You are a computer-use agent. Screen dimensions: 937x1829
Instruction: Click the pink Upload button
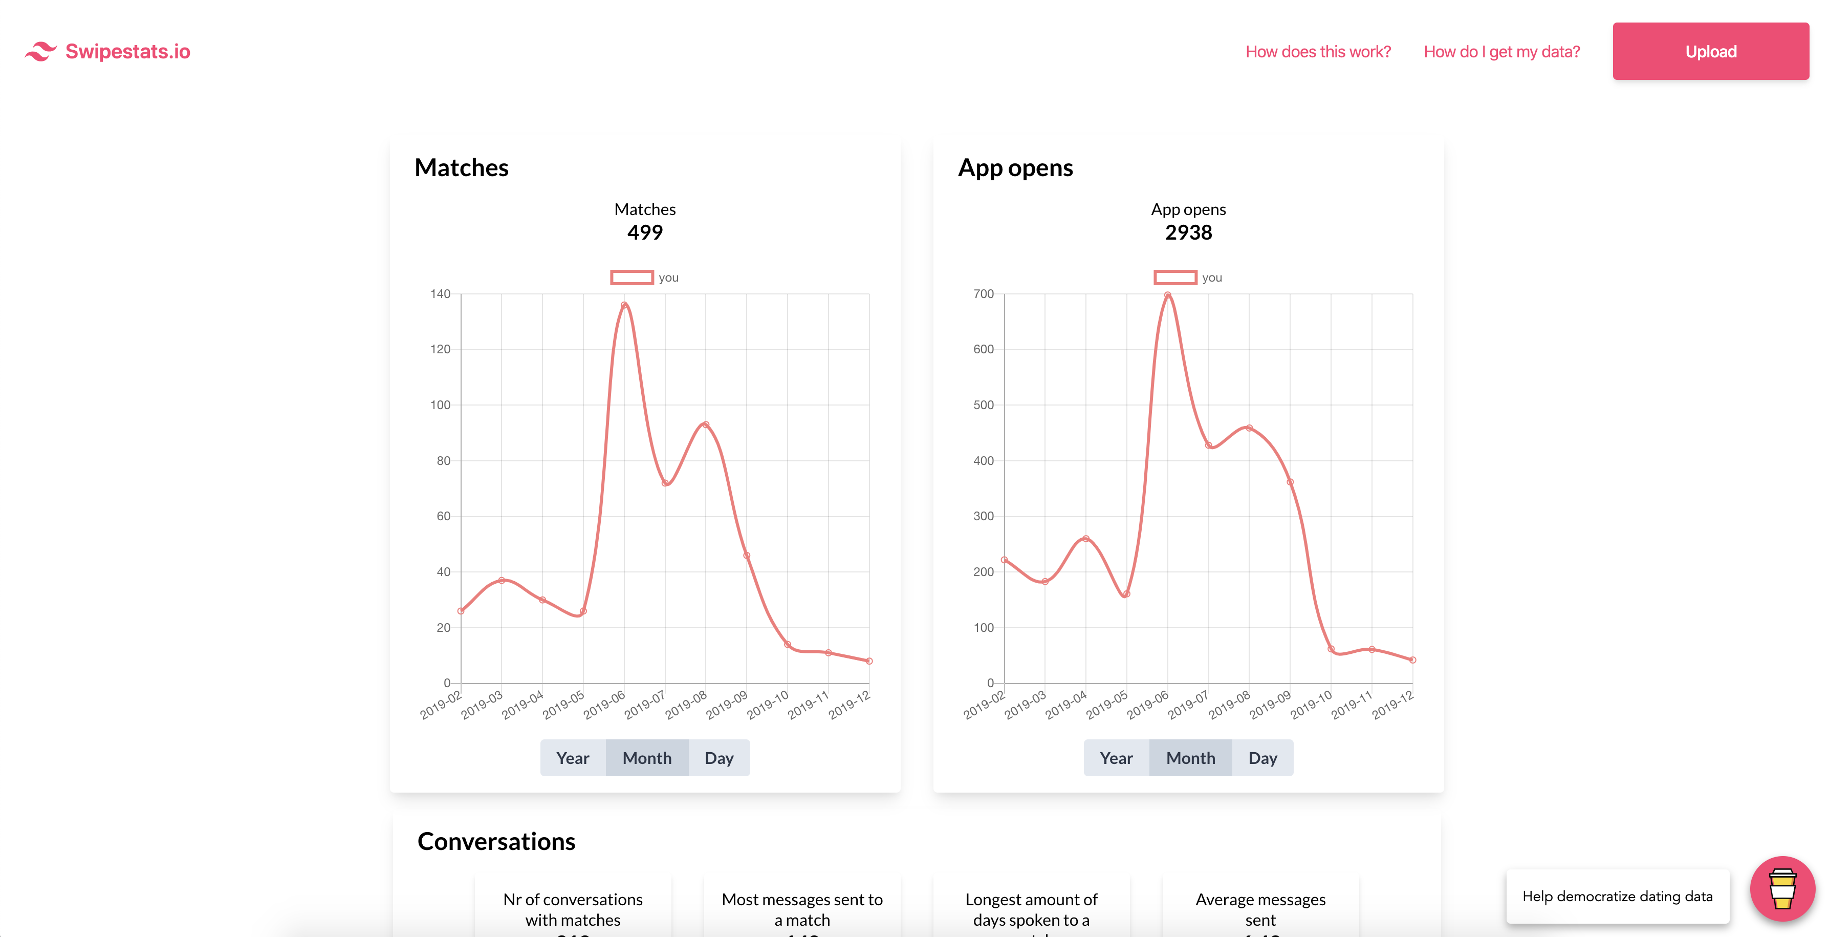point(1710,51)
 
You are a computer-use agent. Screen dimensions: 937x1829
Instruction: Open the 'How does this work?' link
point(1318,52)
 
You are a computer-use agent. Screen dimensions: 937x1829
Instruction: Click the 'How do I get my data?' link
point(1501,52)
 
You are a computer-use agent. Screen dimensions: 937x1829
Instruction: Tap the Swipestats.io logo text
point(128,52)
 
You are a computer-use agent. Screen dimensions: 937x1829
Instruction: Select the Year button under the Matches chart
point(572,758)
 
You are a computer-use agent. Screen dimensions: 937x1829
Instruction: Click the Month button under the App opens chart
point(1190,758)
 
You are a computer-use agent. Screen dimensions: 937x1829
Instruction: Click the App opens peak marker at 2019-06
point(1167,295)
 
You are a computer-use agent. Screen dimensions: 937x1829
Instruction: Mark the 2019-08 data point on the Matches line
point(706,425)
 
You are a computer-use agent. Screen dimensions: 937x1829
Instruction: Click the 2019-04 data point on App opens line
point(1085,539)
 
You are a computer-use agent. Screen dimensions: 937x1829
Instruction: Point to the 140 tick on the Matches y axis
point(440,294)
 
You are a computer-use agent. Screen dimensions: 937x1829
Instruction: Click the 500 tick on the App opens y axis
point(984,405)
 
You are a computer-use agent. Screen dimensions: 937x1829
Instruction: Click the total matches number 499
point(645,232)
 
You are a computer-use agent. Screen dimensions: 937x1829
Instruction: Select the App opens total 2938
point(1188,232)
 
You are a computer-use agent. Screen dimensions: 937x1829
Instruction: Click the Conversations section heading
point(496,841)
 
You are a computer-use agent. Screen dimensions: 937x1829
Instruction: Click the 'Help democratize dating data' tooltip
point(1617,897)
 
